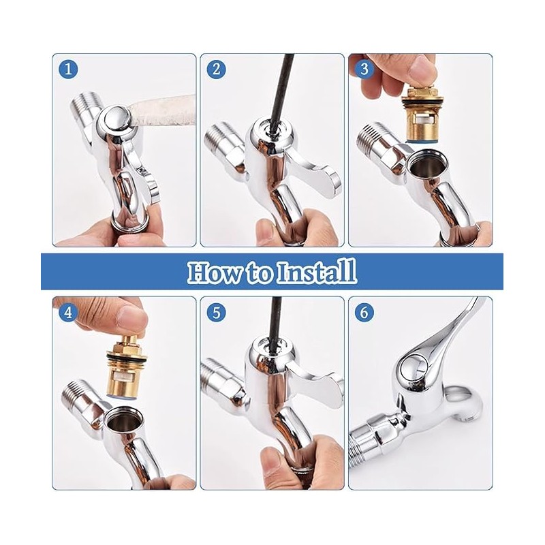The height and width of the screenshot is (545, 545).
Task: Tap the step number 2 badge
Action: (x=217, y=69)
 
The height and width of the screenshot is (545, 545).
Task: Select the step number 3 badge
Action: (x=365, y=69)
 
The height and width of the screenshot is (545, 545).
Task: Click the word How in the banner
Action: (x=211, y=271)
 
